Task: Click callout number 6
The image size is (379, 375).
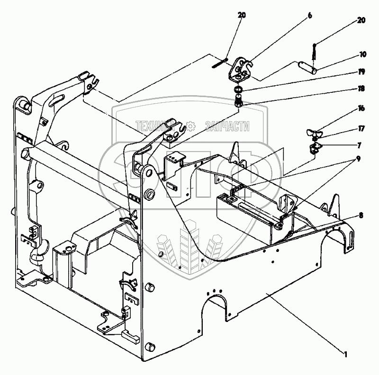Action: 310,15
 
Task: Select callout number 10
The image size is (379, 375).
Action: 363,55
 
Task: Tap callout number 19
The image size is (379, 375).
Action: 361,72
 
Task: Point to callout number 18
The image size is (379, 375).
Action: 361,89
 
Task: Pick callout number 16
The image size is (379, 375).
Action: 362,108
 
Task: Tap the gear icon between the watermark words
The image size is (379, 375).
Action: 190,126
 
